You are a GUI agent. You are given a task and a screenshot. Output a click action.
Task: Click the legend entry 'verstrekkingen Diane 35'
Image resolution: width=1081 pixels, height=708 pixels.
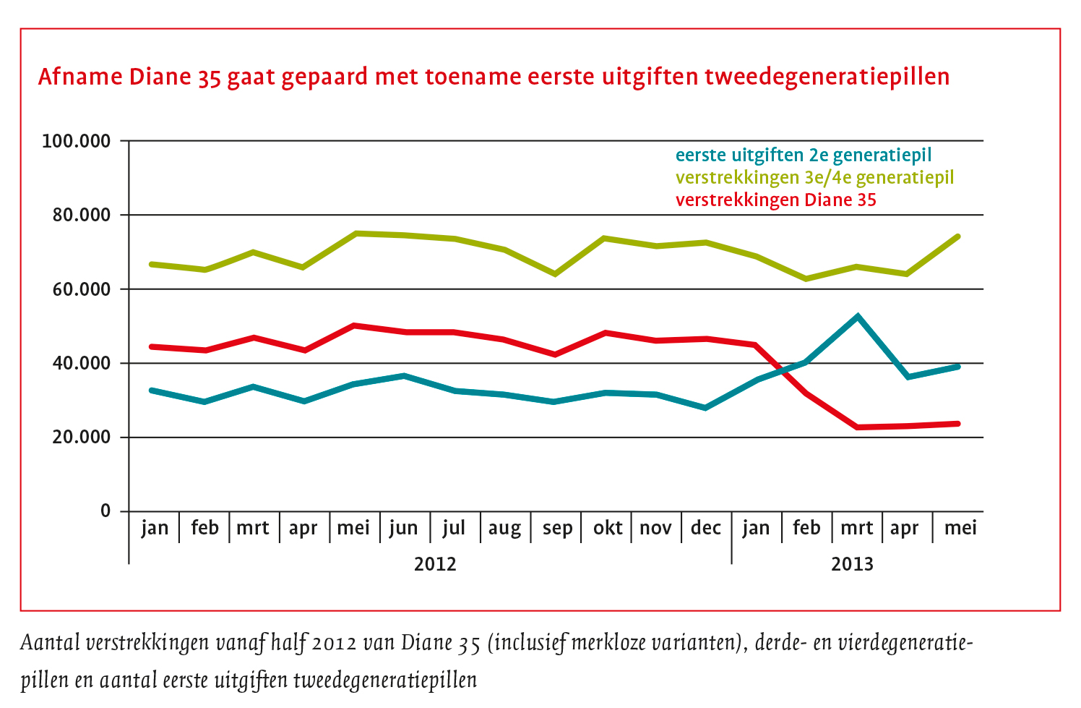(775, 200)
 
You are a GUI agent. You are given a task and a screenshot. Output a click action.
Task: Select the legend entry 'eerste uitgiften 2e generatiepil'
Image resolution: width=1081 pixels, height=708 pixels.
(803, 155)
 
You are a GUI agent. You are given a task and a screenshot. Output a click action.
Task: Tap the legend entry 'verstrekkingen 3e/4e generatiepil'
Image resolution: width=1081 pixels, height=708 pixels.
(814, 178)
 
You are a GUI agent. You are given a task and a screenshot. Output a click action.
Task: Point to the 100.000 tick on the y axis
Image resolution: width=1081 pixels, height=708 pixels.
(77, 141)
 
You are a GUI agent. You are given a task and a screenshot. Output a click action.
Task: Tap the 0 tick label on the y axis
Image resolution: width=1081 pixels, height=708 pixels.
(105, 511)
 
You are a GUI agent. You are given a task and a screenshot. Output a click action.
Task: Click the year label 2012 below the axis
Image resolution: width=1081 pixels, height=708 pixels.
(435, 564)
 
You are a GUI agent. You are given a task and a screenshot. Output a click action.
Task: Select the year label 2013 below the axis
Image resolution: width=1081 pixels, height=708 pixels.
(852, 564)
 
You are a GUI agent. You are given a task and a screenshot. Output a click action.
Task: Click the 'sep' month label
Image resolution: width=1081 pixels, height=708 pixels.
(557, 529)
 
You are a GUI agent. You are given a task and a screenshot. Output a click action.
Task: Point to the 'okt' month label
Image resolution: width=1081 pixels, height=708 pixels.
(608, 529)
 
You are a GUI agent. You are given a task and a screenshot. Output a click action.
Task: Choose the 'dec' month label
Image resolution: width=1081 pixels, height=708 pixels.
(706, 529)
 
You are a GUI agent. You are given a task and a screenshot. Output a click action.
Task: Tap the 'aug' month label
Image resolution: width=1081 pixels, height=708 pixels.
(504, 529)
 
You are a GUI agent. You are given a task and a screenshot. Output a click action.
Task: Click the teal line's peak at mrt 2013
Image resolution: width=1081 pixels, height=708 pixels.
(857, 316)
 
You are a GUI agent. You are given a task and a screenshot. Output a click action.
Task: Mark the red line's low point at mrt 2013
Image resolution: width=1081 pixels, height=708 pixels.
(857, 427)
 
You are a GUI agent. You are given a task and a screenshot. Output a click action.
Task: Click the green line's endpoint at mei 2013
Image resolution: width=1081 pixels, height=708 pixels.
(958, 236)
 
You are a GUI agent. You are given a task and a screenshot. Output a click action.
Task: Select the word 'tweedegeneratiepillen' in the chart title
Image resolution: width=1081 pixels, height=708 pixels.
(827, 77)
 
